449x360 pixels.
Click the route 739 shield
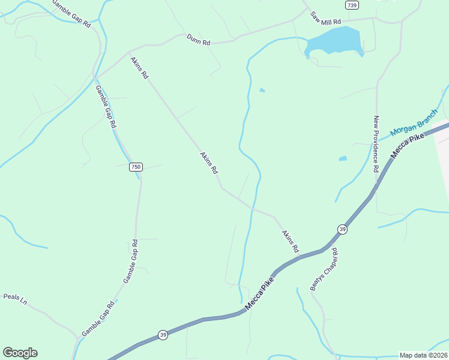[x=352, y=5]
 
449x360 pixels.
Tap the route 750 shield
[x=136, y=167]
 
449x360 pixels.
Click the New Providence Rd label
[x=376, y=144]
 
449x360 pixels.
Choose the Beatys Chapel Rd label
[x=324, y=269]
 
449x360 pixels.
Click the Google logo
[x=20, y=353]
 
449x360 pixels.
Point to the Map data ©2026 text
[x=423, y=355]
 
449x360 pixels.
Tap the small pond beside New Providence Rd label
[x=342, y=159]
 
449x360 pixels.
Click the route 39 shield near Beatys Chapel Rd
[x=342, y=229]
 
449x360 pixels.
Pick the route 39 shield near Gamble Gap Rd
[x=163, y=334]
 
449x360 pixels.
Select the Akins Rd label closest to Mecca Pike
[x=291, y=240]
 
